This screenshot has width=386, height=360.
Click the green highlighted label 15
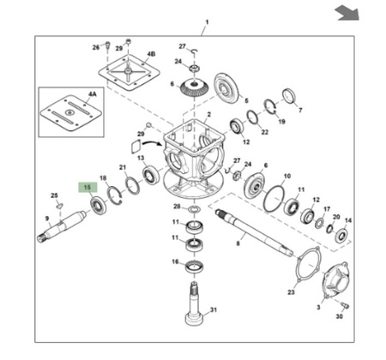tap(87, 188)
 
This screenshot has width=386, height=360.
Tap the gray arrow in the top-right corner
tap(347, 13)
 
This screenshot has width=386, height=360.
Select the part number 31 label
tap(214, 309)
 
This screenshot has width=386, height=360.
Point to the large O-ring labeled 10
tap(274, 198)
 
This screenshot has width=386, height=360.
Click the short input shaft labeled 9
tap(61, 226)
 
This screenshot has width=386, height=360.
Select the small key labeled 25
tap(59, 206)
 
